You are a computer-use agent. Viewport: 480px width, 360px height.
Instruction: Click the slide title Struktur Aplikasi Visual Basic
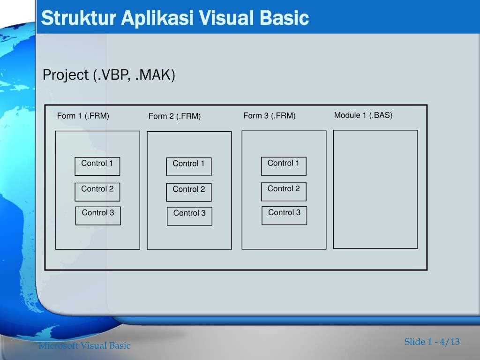[x=175, y=18]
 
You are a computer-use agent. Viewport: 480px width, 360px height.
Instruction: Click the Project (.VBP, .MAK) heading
[x=109, y=75]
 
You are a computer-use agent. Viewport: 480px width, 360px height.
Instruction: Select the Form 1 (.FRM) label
[x=83, y=116]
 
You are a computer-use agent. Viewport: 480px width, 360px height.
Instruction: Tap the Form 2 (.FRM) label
[x=174, y=116]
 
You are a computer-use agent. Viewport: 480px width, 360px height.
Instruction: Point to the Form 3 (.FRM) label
[x=270, y=116]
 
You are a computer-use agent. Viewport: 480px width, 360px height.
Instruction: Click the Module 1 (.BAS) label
[x=363, y=115]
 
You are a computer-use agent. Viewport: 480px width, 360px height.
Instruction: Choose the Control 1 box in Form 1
[x=97, y=166]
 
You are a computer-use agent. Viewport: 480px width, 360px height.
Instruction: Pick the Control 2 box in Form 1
[x=97, y=192]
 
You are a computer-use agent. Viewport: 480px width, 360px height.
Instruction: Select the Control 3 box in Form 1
[x=98, y=216]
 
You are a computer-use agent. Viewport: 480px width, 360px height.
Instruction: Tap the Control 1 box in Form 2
[x=189, y=167]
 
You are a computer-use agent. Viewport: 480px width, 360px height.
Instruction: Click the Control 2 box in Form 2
[x=189, y=192]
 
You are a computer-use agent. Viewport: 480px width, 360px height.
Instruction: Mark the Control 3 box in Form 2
[x=189, y=216]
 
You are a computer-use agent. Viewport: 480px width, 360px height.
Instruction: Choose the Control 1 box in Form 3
[x=284, y=166]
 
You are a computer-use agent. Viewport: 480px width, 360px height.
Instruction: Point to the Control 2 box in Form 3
[x=284, y=192]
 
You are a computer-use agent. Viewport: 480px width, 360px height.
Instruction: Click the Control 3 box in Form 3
[x=285, y=216]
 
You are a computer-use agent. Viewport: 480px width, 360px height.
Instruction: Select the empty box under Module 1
[x=375, y=189]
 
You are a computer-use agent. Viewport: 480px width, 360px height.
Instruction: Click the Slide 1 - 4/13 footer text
[x=432, y=342]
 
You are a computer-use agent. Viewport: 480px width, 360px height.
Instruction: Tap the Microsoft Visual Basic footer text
[x=84, y=345]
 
